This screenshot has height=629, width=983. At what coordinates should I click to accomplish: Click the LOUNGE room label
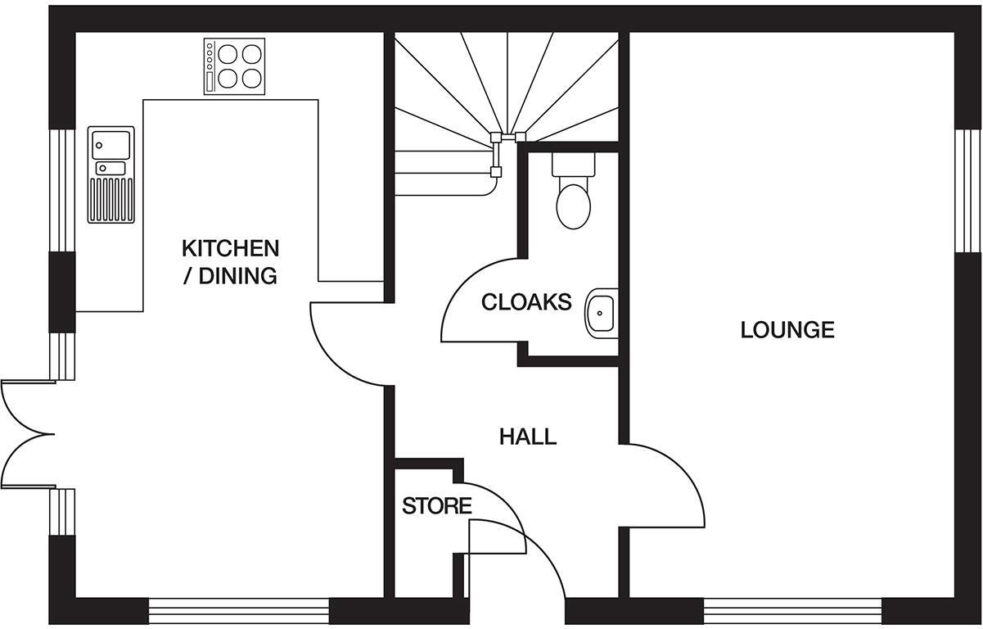pyautogui.click(x=787, y=330)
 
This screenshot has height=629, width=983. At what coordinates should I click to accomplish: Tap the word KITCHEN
pyautogui.click(x=230, y=248)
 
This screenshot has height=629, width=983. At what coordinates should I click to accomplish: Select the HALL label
pyautogui.click(x=528, y=437)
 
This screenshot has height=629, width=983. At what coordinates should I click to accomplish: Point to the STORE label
pyautogui.click(x=437, y=506)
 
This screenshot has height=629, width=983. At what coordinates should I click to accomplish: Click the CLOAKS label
pyautogui.click(x=526, y=302)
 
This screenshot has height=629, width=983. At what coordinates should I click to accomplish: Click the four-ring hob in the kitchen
pyautogui.click(x=235, y=67)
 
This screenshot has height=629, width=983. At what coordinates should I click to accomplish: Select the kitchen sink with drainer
pyautogui.click(x=110, y=174)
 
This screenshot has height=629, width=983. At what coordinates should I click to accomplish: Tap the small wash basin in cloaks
pyautogui.click(x=602, y=311)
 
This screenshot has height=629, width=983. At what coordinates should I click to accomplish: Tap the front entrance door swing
pyautogui.click(x=524, y=565)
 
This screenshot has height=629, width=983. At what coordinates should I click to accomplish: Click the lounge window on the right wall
pyautogui.click(x=968, y=191)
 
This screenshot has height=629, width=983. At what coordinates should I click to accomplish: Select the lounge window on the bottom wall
pyautogui.click(x=792, y=611)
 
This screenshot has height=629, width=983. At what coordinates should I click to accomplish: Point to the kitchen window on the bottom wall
pyautogui.click(x=238, y=611)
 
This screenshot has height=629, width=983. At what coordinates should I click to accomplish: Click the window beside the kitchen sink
pyautogui.click(x=62, y=191)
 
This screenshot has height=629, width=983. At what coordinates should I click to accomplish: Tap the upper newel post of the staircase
pyautogui.click(x=495, y=138)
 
